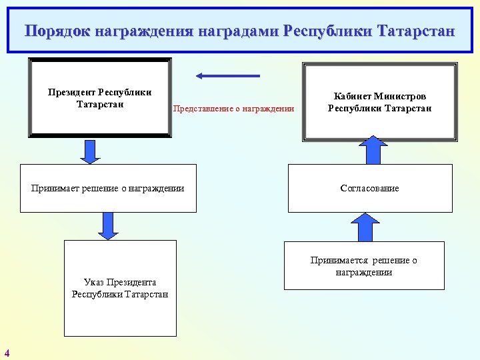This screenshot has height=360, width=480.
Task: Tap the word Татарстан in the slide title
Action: [415, 31]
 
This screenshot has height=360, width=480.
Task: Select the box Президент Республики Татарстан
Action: [99, 97]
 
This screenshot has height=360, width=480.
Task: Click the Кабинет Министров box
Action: [379, 102]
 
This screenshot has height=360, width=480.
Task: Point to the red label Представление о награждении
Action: [233, 109]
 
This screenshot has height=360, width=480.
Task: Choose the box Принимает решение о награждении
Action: [108, 188]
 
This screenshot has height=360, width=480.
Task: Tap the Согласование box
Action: [369, 188]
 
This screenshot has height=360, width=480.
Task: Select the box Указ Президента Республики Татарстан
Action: [120, 288]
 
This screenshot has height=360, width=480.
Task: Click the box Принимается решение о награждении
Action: [363, 266]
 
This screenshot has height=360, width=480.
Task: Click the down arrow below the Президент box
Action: [89, 151]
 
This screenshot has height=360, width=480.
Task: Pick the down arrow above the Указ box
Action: [107, 226]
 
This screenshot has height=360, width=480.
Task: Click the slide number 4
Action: [7, 353]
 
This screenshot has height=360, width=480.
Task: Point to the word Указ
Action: [95, 283]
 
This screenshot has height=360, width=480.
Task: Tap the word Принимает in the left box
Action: [55, 188]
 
